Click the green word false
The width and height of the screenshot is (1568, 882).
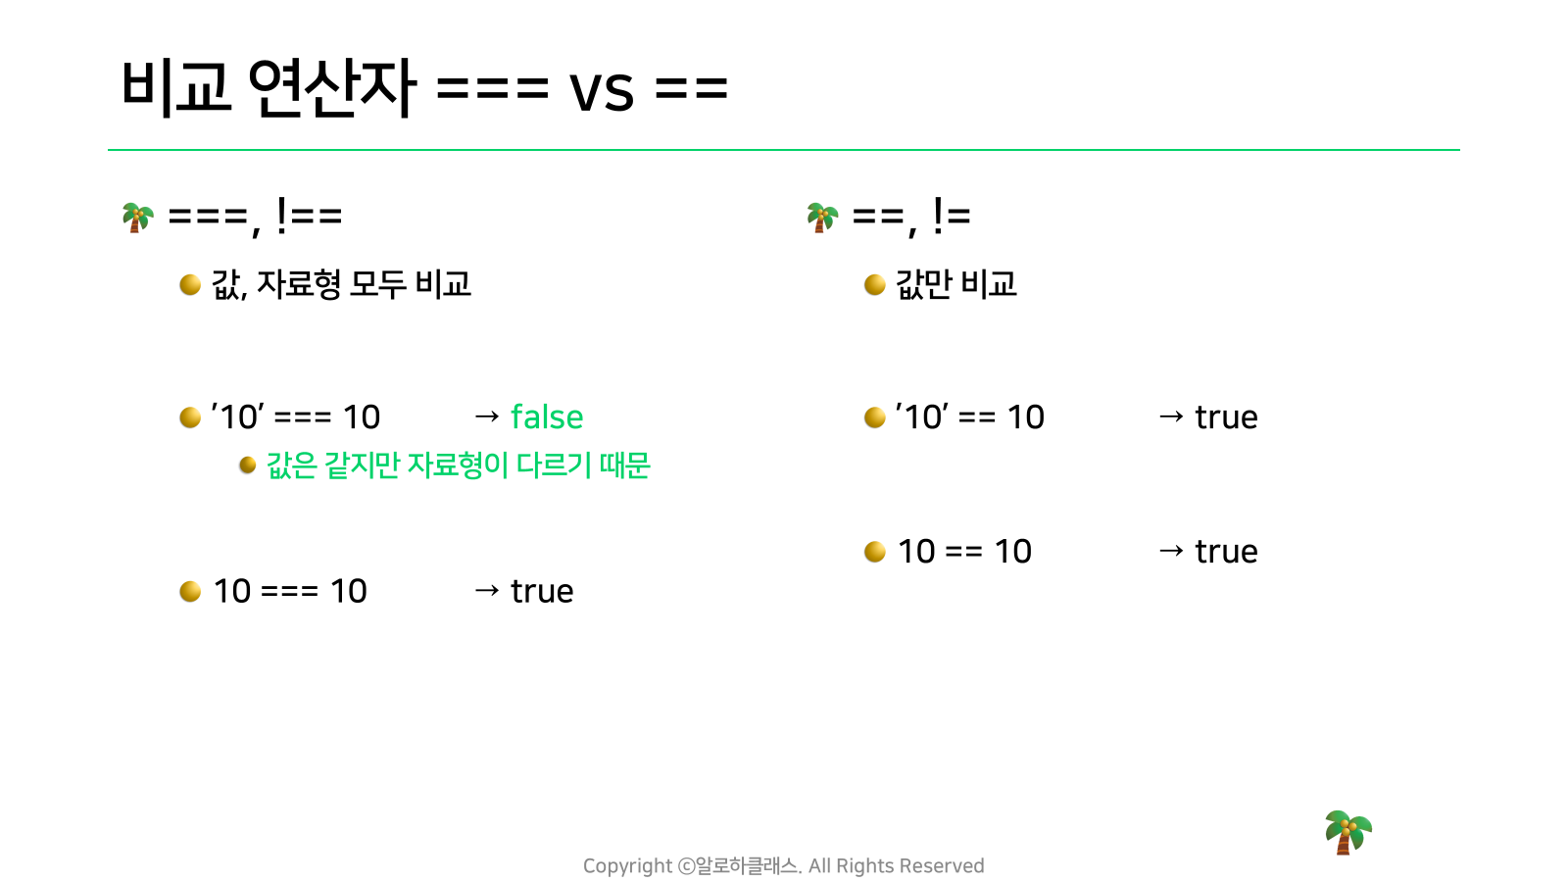coord(547,416)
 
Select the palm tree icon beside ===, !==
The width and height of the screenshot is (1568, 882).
coord(137,218)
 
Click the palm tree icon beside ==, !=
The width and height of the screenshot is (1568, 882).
coord(822,218)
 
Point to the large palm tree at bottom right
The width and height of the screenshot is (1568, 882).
coord(1347,832)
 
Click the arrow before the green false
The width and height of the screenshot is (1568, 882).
coord(486,417)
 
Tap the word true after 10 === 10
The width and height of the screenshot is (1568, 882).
coord(542,592)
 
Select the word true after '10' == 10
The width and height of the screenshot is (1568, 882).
coord(1226,417)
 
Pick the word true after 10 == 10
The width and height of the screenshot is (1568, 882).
coord(1226,553)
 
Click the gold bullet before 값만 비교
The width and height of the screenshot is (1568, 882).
coord(875,285)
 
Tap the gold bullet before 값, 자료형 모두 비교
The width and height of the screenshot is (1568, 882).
coord(190,285)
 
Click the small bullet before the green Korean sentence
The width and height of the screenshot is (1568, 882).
coord(248,465)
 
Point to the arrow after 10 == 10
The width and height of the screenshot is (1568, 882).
coord(1171,552)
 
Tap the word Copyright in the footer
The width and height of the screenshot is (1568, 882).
coord(627,866)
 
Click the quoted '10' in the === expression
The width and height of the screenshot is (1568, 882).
coord(237,417)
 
